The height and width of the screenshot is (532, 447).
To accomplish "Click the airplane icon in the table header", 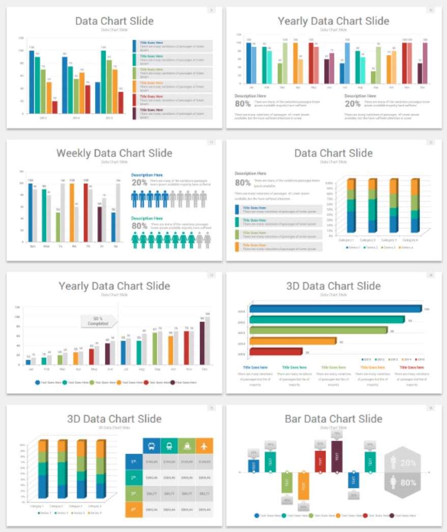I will tap(204, 446).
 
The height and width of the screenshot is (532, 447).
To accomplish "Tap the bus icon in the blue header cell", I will tap(151, 446).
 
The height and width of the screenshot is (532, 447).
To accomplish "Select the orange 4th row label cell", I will tap(133, 510).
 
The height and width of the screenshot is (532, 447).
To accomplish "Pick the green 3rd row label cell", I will tap(133, 494).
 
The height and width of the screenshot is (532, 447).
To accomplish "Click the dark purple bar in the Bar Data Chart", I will tap(337, 456).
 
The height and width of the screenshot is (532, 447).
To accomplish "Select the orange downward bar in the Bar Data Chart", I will tap(303, 485).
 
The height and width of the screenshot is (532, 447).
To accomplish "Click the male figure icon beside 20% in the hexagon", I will tap(393, 462).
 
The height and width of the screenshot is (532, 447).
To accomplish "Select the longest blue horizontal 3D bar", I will tap(335, 309).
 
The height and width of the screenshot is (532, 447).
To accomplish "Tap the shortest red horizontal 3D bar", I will tap(276, 351).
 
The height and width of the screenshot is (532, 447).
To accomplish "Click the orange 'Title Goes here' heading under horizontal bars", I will tap(373, 367).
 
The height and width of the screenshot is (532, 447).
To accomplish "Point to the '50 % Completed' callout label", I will tap(98, 321).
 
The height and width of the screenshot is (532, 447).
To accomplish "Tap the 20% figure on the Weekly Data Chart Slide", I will tap(139, 182).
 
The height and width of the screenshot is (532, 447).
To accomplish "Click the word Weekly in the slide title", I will tap(76, 153).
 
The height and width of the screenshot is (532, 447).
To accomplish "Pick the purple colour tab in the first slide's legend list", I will tap(134, 113).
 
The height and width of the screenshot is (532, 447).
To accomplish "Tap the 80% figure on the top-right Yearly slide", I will tap(242, 103).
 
